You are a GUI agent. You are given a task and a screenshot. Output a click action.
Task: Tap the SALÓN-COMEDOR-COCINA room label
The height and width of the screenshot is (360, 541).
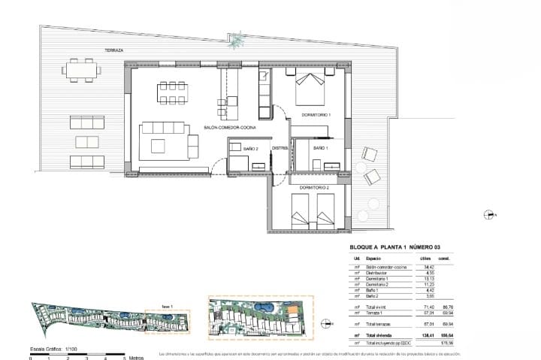(x=232, y=129)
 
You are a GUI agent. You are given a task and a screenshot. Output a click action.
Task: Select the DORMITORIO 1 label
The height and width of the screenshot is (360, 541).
(x=316, y=115)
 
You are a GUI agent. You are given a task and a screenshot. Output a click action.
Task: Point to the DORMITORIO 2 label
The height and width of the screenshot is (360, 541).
(x=314, y=186)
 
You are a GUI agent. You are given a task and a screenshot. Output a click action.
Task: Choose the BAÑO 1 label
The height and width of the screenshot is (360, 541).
(x=322, y=149)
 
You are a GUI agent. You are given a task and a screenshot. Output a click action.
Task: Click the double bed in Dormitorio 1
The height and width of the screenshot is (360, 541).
(x=310, y=90)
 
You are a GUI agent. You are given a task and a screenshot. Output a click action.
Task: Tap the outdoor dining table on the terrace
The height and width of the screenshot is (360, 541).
(x=82, y=70)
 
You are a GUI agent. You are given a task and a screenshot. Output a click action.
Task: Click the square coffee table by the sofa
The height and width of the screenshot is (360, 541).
(x=161, y=145)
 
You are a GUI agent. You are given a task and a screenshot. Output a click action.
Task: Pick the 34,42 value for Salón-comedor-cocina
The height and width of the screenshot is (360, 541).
(x=427, y=267)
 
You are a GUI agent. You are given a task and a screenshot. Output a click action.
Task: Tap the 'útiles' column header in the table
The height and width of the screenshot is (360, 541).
(x=425, y=258)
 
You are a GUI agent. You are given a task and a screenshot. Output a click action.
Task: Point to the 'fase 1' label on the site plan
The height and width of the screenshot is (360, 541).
(x=167, y=307)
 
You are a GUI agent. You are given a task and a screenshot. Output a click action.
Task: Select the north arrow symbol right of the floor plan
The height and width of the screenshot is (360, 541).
(x=490, y=215)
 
